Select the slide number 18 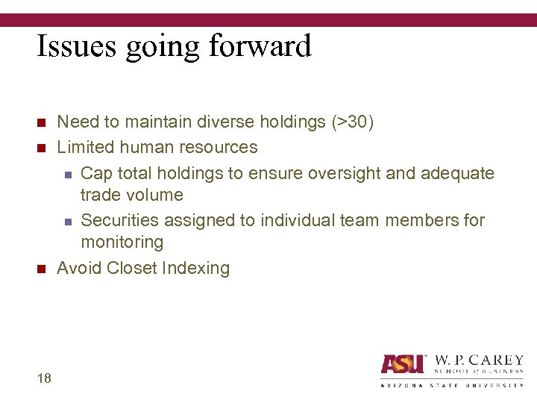coord(43,378)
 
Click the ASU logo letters coord(402,364)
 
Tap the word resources coord(217,147)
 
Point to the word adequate coord(457,173)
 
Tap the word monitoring coord(122,242)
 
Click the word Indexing coord(199,268)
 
